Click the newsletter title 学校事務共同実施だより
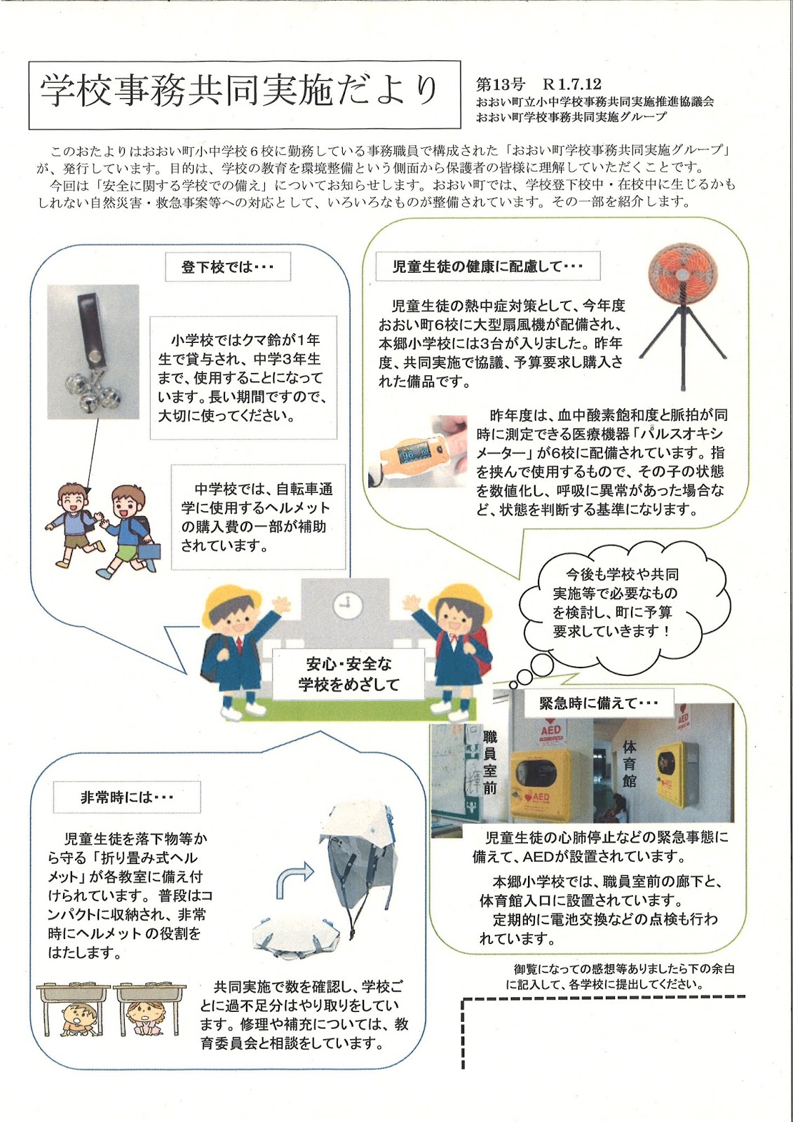pyautogui.click(x=239, y=90)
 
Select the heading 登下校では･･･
pyautogui.click(x=226, y=267)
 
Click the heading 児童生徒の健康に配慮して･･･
pyautogui.click(x=487, y=266)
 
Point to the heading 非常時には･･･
pyautogui.click(x=127, y=797)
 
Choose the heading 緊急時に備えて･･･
pyautogui.click(x=598, y=703)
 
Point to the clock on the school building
pyautogui.click(x=345, y=604)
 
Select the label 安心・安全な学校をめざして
pyautogui.click(x=348, y=675)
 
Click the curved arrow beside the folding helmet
pyautogui.click(x=294, y=880)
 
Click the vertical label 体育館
pyautogui.click(x=630, y=764)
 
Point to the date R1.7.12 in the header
pyautogui.click(x=571, y=85)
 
